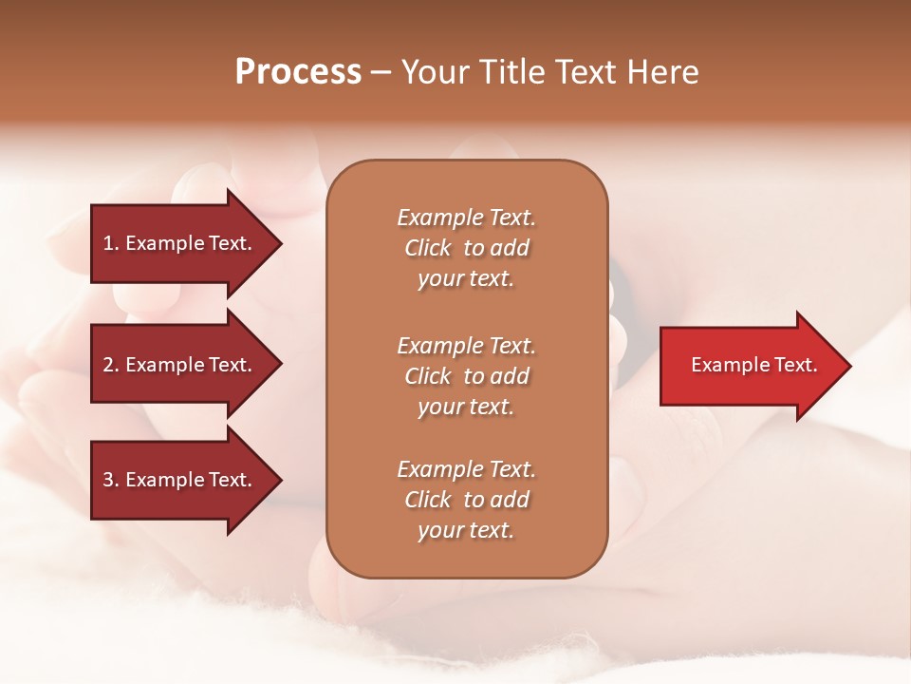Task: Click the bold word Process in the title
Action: pyautogui.click(x=298, y=72)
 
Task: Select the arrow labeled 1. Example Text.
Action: pyautogui.click(x=180, y=243)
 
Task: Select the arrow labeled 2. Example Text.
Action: pyautogui.click(x=180, y=365)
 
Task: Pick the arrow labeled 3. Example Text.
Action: pyautogui.click(x=180, y=480)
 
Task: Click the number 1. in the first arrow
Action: pyautogui.click(x=111, y=243)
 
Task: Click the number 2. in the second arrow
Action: pyautogui.click(x=111, y=365)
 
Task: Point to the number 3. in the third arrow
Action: pyautogui.click(x=111, y=480)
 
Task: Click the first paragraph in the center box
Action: pyautogui.click(x=466, y=248)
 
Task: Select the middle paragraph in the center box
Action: pyautogui.click(x=466, y=376)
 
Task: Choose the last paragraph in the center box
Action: pyautogui.click(x=466, y=500)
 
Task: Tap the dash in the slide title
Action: pyautogui.click(x=381, y=72)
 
